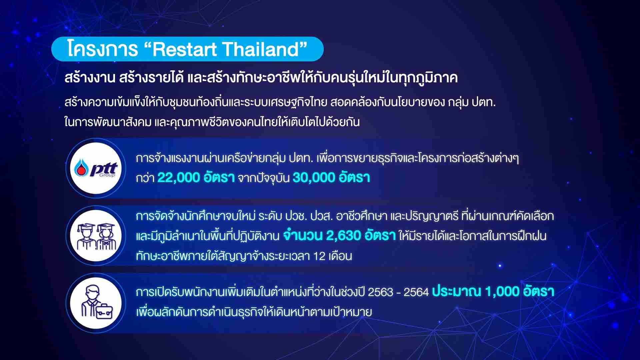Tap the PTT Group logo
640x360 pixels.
click(x=96, y=168)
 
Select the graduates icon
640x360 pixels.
click(x=96, y=236)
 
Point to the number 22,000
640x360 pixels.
click(x=178, y=178)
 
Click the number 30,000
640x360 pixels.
click(x=314, y=178)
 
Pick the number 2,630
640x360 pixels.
click(x=344, y=236)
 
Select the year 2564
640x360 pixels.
click(x=416, y=292)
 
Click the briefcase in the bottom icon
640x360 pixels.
click(x=104, y=310)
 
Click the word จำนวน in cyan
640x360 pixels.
click(x=303, y=235)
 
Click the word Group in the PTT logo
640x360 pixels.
click(x=107, y=175)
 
